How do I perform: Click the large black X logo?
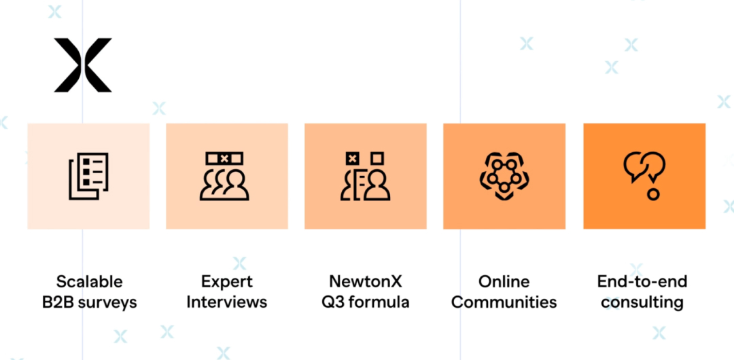click(x=83, y=65)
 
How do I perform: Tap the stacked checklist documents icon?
click(x=89, y=176)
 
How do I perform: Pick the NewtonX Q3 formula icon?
click(x=366, y=176)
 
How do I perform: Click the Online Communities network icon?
click(x=504, y=176)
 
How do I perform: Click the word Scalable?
click(x=89, y=282)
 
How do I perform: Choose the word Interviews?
click(x=227, y=302)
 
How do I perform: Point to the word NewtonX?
click(x=366, y=282)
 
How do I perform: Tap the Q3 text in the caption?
click(x=332, y=302)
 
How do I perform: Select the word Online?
click(x=504, y=282)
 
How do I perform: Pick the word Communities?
click(x=504, y=302)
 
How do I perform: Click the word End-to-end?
click(x=642, y=282)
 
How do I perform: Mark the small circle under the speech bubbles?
click(x=654, y=194)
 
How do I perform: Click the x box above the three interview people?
click(x=224, y=158)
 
